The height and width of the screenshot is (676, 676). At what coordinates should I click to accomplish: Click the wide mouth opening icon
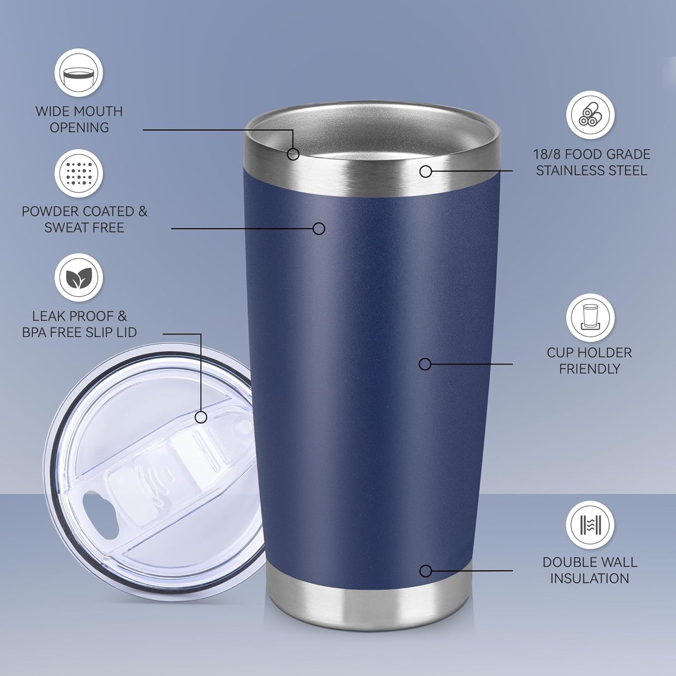click(79, 73)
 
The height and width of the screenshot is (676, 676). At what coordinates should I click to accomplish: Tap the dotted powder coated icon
click(79, 174)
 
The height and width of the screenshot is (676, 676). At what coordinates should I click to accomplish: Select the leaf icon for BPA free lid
click(79, 278)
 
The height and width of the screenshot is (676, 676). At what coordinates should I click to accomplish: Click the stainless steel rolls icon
click(590, 115)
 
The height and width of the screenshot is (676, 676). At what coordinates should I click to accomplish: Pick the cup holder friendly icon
click(590, 318)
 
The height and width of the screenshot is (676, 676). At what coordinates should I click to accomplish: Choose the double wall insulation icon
click(590, 524)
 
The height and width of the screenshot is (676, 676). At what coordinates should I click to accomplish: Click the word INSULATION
click(589, 578)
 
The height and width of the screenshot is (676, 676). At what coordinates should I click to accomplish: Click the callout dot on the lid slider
click(201, 417)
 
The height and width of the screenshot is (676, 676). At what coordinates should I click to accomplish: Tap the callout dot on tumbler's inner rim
click(293, 153)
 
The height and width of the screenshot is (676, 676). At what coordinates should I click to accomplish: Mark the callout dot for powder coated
click(319, 228)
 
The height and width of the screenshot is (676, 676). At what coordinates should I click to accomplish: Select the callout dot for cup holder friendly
click(425, 363)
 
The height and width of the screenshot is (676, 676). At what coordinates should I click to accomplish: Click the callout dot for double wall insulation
click(425, 571)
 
